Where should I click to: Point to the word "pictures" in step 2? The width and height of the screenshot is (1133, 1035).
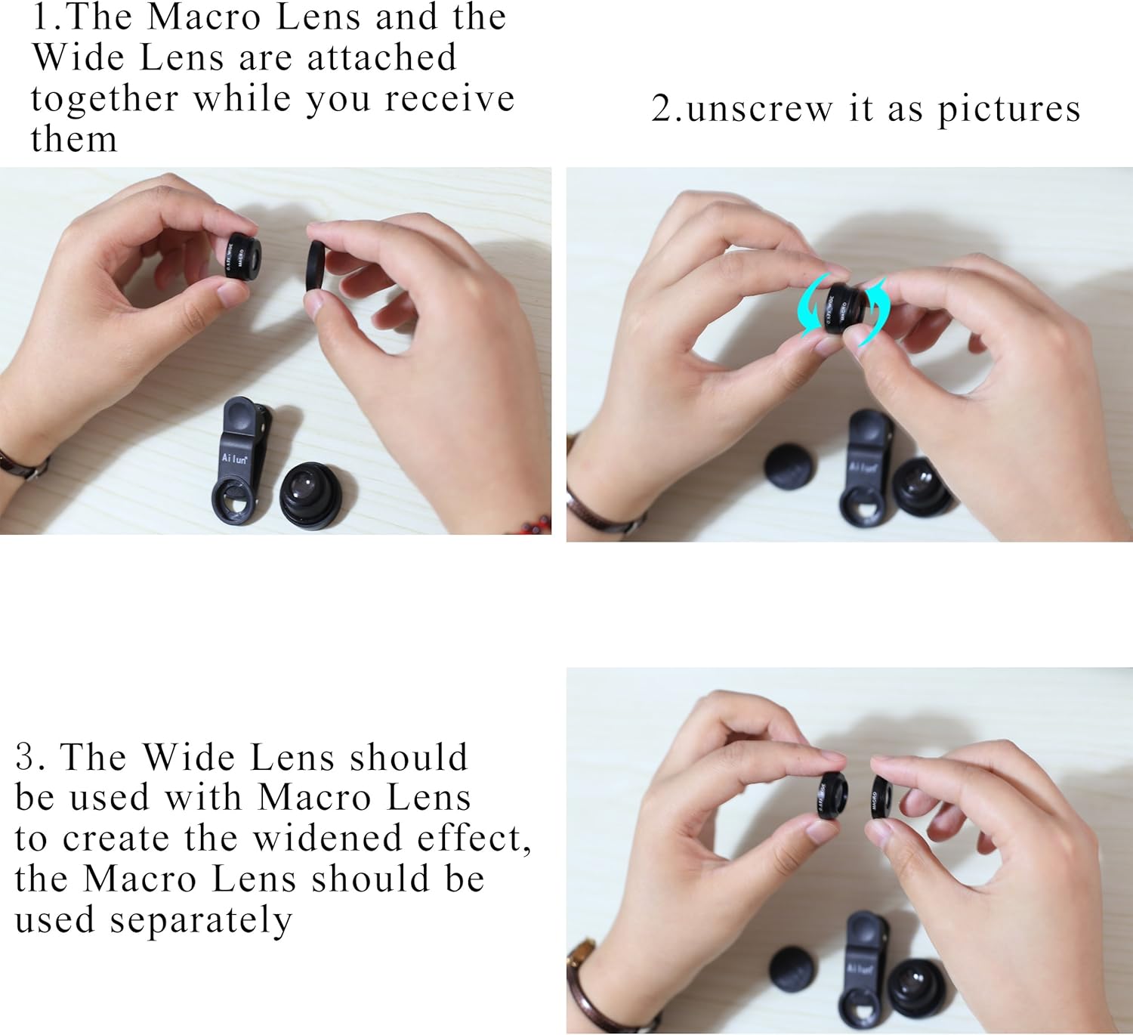coord(1009,110)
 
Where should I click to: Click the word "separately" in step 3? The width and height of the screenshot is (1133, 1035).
coord(200,921)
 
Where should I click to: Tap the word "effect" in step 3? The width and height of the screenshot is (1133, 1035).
coord(470,838)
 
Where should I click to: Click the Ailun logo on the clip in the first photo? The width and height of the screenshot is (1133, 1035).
coord(234,459)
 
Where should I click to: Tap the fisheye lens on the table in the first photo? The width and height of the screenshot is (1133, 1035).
coord(310,495)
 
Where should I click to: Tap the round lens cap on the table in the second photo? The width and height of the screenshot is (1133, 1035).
coord(790,467)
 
